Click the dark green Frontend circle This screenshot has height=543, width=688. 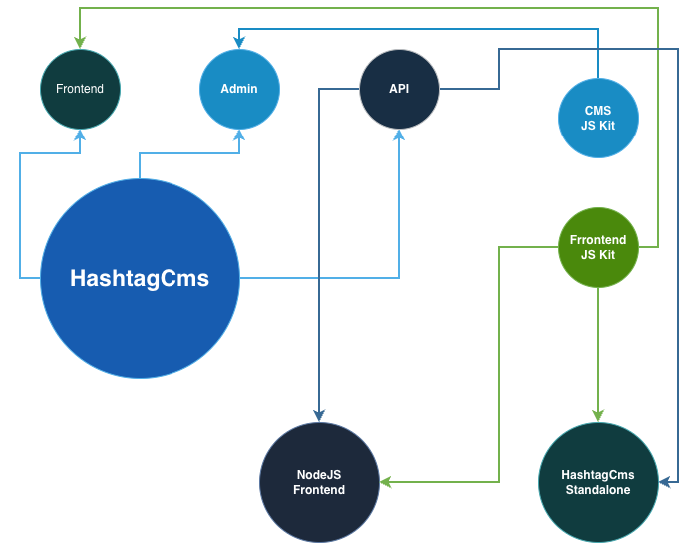click(x=80, y=89)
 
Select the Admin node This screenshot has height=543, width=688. click(x=239, y=89)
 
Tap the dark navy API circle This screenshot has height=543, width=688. click(x=399, y=89)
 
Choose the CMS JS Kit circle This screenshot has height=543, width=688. click(x=598, y=119)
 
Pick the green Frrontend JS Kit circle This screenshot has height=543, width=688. click(x=598, y=248)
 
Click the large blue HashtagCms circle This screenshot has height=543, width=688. click(x=140, y=279)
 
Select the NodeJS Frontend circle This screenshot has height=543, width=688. click(x=319, y=482)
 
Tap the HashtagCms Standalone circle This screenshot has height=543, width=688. click(x=598, y=482)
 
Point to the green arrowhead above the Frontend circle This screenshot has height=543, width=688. click(x=80, y=43)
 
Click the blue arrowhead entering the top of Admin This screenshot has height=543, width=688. click(x=239, y=43)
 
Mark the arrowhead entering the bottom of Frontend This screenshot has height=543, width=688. click(x=80, y=135)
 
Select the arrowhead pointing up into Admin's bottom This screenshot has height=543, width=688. click(x=239, y=135)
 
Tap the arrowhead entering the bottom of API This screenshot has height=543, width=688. click(x=399, y=135)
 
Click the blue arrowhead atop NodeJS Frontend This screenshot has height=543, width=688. click(x=319, y=415)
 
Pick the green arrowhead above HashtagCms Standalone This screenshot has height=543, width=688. click(x=598, y=415)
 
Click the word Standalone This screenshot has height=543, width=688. click(x=598, y=490)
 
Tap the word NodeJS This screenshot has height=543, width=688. click(x=319, y=475)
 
